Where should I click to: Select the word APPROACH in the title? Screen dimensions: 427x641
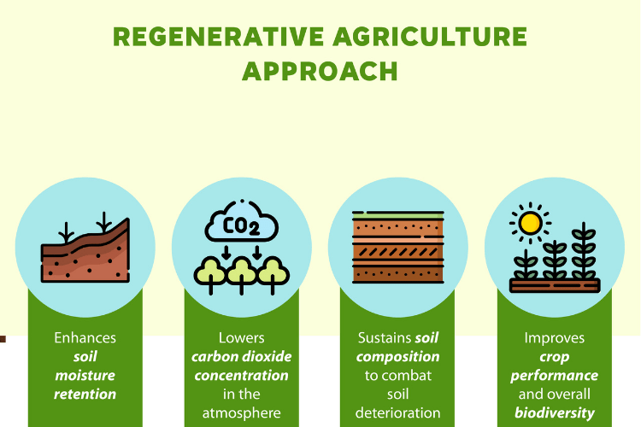click(320, 72)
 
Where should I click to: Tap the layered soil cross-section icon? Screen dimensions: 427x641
click(397, 249)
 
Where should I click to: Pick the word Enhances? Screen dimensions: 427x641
click(85, 338)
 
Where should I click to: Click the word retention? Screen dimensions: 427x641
click(85, 395)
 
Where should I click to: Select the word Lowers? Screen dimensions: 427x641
click(241, 338)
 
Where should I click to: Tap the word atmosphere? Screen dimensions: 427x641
click(241, 413)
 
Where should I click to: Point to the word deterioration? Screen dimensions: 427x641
click(397, 413)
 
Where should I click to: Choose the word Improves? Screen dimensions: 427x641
click(554, 338)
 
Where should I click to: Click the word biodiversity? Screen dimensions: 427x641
click(554, 413)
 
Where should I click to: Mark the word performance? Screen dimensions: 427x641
click(554, 376)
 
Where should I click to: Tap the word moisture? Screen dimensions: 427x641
click(85, 376)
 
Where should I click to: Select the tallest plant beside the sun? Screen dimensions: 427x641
click(583, 252)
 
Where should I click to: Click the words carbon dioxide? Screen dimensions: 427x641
click(241, 357)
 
